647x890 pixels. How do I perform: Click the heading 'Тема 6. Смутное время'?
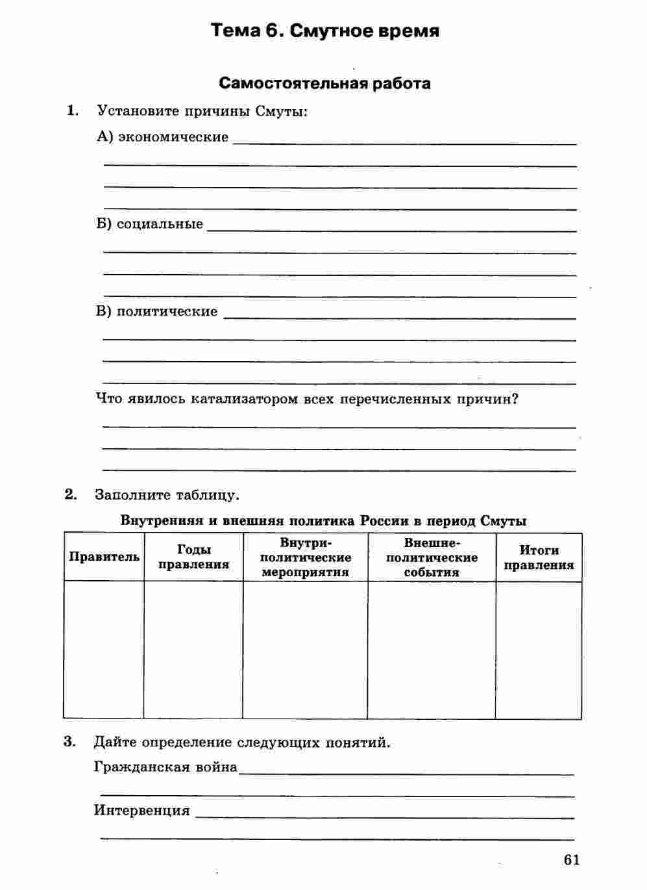point(325,31)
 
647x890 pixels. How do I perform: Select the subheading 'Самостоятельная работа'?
point(324,83)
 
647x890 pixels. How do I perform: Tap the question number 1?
point(73,110)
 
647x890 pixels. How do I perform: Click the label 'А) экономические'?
point(162,137)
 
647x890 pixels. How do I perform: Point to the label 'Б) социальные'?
point(149,224)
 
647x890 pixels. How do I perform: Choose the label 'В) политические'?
point(157,311)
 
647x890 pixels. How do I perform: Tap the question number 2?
point(71,494)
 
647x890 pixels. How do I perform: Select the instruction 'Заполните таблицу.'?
point(167,495)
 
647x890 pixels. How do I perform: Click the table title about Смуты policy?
point(323,521)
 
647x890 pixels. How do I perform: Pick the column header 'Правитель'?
point(104,557)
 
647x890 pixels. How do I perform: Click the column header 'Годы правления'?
point(193,557)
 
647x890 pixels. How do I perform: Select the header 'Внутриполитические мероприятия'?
point(305,557)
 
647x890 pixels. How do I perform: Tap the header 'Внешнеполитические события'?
point(432,557)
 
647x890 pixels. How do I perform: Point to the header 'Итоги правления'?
point(539,557)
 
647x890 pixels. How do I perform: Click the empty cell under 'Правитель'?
point(104,650)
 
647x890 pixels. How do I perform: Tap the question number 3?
point(70,741)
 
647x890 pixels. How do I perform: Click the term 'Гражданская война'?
point(165,767)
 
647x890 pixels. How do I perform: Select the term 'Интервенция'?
point(142,810)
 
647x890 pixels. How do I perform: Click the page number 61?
point(571,859)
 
